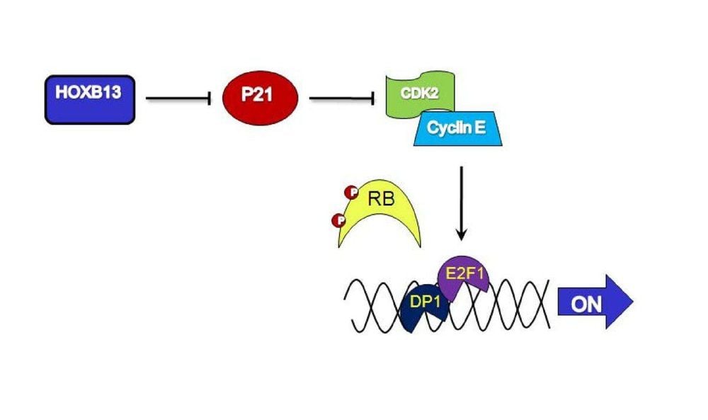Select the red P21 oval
(260, 98)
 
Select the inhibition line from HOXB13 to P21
(178, 99)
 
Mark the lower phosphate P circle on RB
(338, 221)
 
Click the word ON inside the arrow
(586, 305)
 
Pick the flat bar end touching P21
(210, 99)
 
